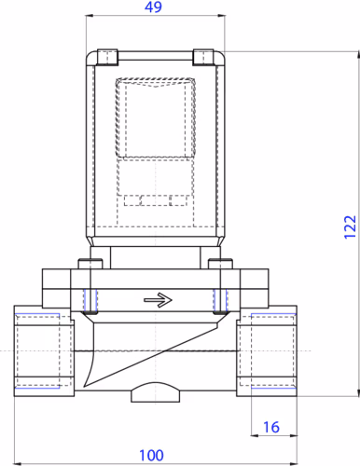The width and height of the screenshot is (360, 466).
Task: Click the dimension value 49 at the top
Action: click(x=158, y=8)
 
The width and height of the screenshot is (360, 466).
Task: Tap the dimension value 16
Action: click(x=270, y=427)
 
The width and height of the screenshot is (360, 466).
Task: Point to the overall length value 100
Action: click(x=152, y=455)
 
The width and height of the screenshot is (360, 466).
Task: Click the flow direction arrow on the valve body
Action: click(x=159, y=300)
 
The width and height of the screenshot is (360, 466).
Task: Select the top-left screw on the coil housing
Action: click(x=110, y=56)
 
